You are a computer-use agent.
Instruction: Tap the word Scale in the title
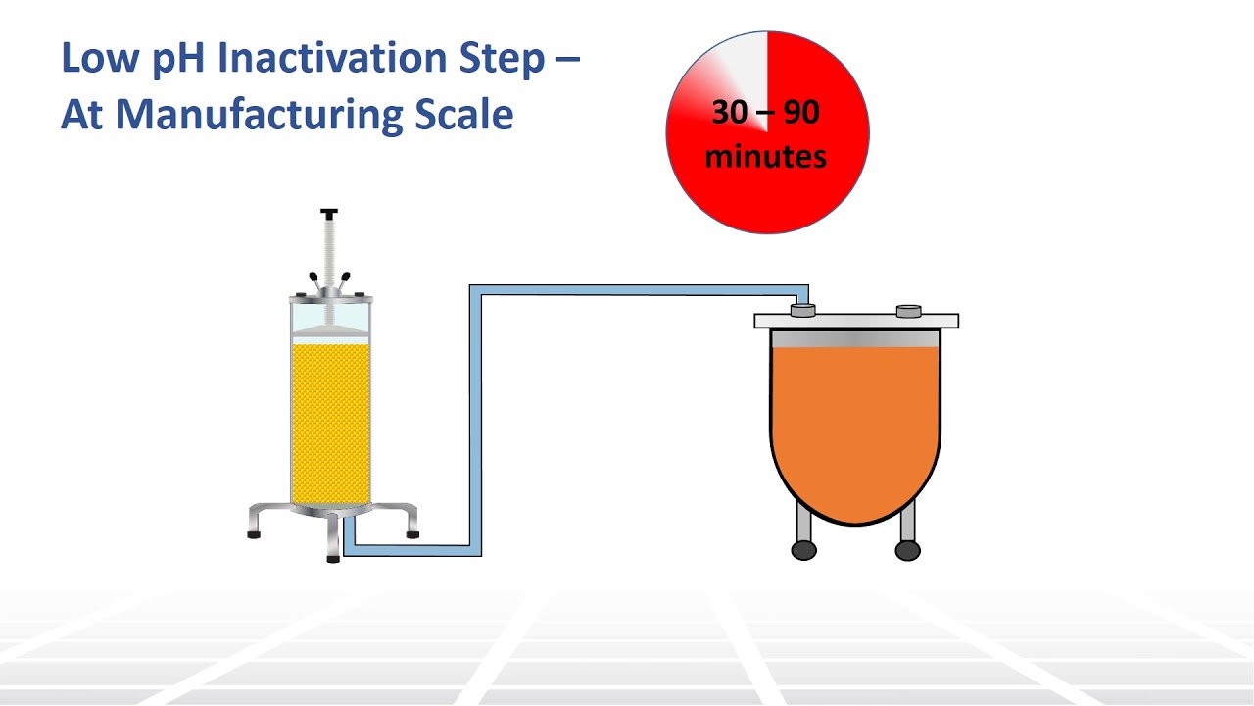pos(462,115)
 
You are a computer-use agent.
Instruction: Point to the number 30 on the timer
pos(729,113)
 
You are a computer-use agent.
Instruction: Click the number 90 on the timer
pos(800,113)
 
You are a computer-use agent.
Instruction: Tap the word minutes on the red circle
pos(765,156)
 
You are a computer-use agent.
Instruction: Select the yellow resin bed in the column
pos(330,422)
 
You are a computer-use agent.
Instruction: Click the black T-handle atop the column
pos(329,214)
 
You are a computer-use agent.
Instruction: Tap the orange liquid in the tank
pos(855,422)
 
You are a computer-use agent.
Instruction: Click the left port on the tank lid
pos(802,310)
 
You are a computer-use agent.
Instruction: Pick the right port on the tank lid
pos(908,311)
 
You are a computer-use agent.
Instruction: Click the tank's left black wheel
pos(803,550)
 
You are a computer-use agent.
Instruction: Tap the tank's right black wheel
pos(908,550)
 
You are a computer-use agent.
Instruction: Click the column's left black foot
pos(254,534)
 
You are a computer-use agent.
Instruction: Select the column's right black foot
pos(412,534)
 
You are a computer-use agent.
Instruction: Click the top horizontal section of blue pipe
pos(637,290)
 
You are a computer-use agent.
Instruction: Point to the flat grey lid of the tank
pos(855,321)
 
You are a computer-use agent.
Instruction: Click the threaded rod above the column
pos(329,250)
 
